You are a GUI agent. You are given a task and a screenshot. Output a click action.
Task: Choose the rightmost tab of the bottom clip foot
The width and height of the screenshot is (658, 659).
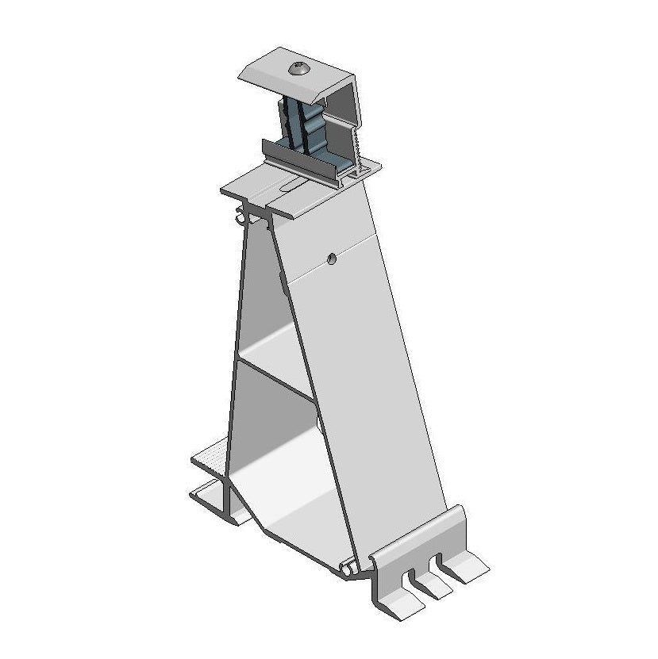(x=468, y=567)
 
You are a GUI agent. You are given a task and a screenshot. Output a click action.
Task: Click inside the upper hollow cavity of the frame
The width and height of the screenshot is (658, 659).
(x=266, y=301)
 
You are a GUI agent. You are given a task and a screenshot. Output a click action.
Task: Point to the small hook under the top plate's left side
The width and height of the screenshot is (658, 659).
(x=240, y=215)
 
